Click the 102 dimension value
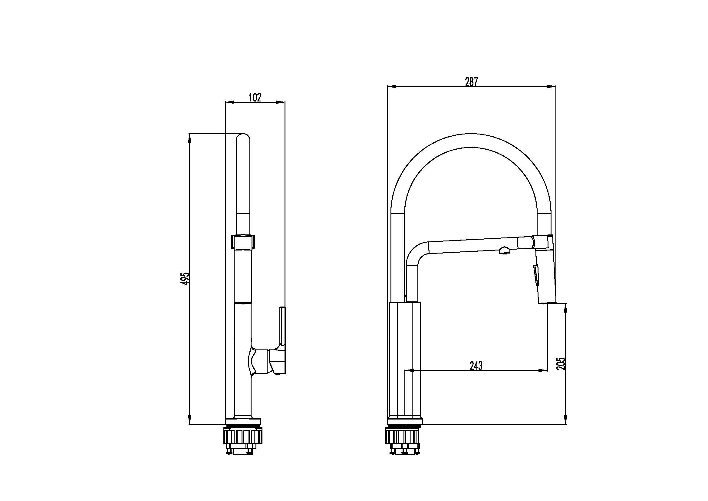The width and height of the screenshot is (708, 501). (x=255, y=98)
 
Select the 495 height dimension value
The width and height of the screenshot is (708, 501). (x=185, y=279)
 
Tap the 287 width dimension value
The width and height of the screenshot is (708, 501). (x=471, y=82)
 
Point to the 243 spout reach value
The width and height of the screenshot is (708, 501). (x=476, y=366)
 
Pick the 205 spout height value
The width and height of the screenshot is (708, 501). (x=561, y=364)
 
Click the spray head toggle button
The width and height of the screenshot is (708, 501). (x=537, y=275)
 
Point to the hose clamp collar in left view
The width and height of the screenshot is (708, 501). (x=243, y=241)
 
